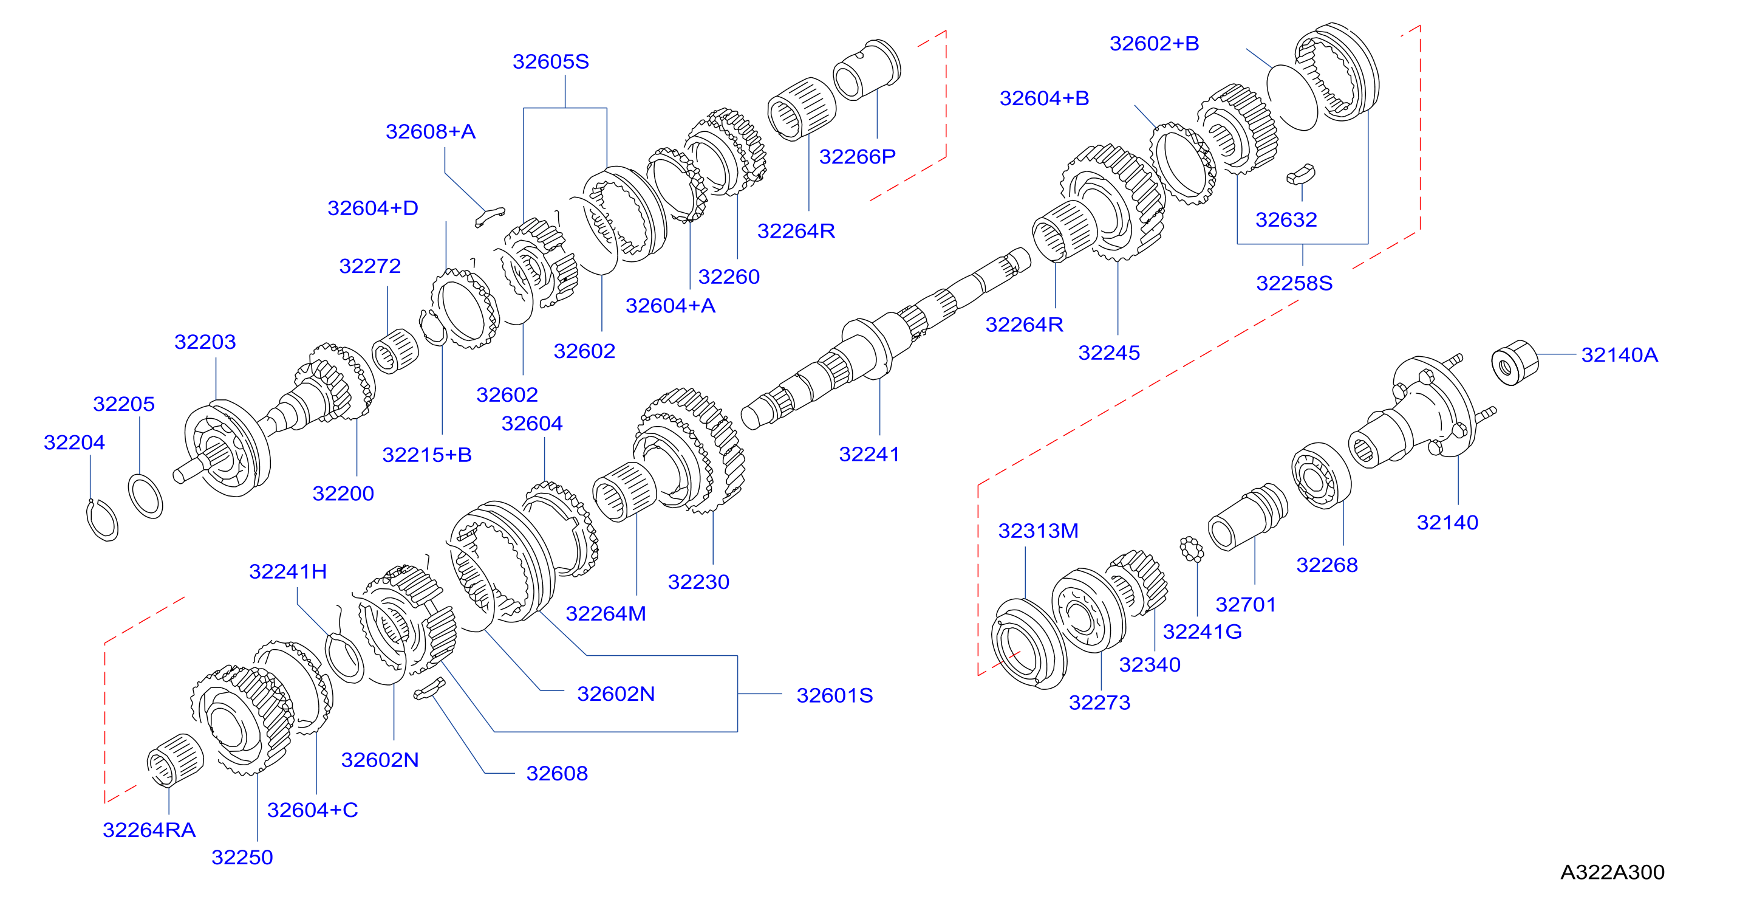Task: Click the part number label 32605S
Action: (x=550, y=61)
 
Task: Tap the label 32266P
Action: (x=857, y=157)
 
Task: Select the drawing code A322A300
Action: (x=1612, y=872)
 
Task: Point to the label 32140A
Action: (x=1619, y=355)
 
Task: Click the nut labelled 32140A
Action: (x=1515, y=363)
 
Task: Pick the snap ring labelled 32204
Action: (x=102, y=520)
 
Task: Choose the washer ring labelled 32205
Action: (x=146, y=496)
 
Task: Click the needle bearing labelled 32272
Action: (x=395, y=351)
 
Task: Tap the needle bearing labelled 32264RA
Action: (x=176, y=760)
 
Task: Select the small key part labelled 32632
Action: (x=1300, y=174)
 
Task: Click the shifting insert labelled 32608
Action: (x=429, y=689)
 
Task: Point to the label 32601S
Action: (x=834, y=695)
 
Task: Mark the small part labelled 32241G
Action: (x=1192, y=549)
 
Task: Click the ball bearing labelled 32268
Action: (x=1321, y=476)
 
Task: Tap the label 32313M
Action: (x=1038, y=531)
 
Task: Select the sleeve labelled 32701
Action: (x=1247, y=517)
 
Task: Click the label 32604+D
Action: (x=372, y=208)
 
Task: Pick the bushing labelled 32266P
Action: (x=867, y=69)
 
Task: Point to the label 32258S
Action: (x=1294, y=283)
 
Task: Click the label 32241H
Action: (x=288, y=571)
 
